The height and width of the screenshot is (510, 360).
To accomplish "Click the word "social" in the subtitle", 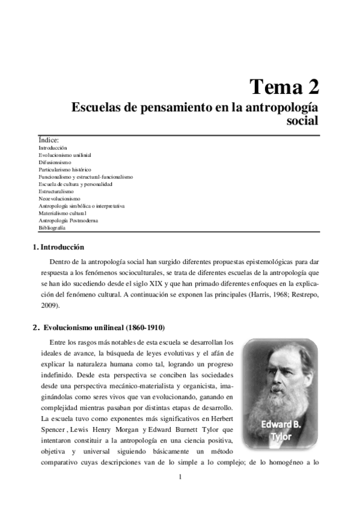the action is tap(303, 120).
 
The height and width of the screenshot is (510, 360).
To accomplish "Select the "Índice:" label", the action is tap(49, 140).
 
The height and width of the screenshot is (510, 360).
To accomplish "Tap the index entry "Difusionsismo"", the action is tap(55, 162).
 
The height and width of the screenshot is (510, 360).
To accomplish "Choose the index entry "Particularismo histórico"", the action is tap(65, 170).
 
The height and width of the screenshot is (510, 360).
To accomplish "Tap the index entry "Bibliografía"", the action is tap(52, 228).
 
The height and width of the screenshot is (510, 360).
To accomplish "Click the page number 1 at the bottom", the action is tap(180, 478).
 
